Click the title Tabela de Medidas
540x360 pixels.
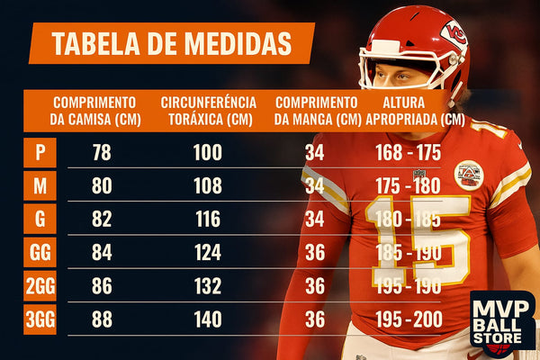coord(171,43)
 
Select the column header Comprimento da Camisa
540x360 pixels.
coord(94,111)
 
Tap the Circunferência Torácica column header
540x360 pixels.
coord(208,111)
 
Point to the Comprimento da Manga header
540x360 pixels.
coord(316,111)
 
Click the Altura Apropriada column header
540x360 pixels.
coord(415,111)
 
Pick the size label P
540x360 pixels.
coord(40,152)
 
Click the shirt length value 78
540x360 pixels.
coord(102,152)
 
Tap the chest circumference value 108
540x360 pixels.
coord(207,187)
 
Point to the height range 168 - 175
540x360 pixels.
coord(409,152)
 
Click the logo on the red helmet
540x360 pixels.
coord(454,37)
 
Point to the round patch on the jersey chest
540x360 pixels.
coord(468,175)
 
